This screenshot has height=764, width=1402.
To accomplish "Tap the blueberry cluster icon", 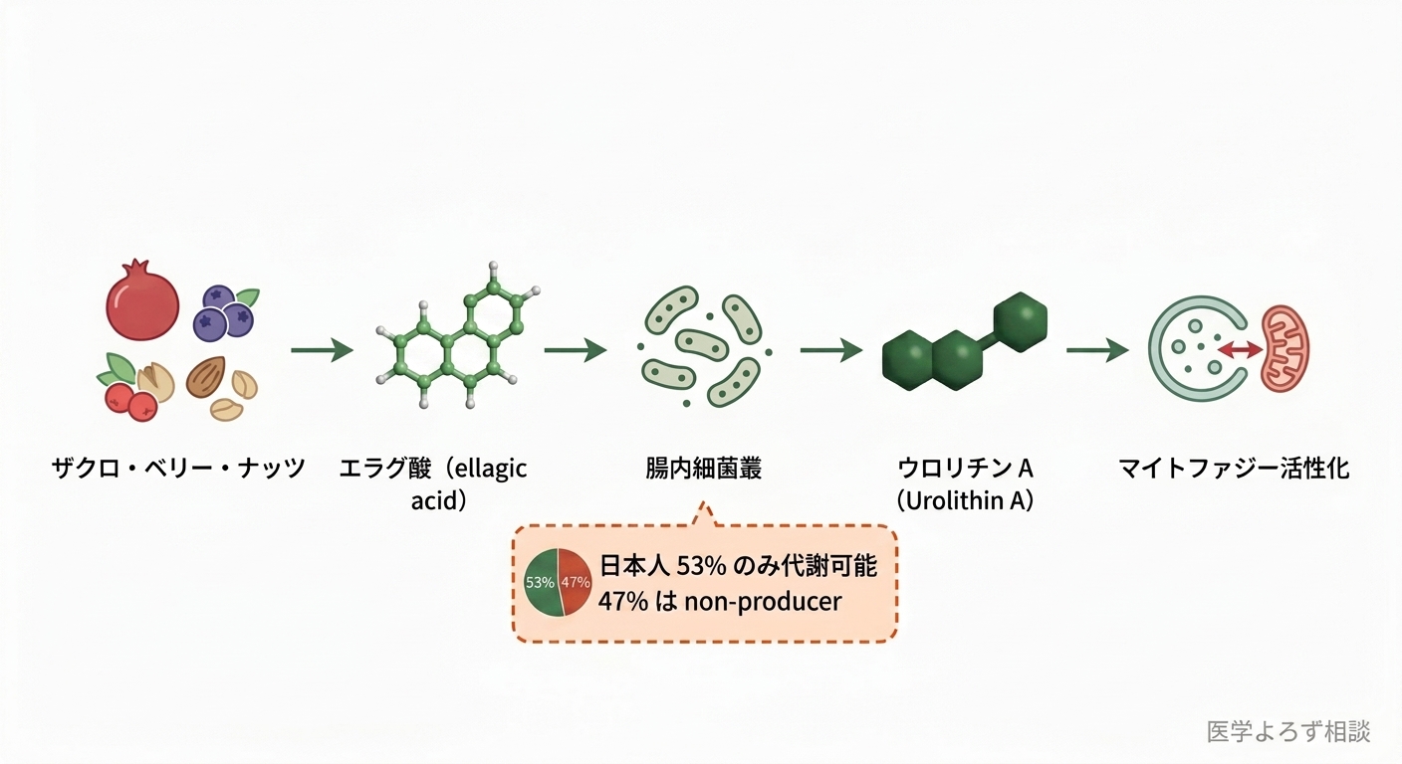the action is (x=223, y=313).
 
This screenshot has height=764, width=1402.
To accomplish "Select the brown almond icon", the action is (x=205, y=376).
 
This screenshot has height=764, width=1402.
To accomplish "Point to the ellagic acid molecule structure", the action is (x=457, y=335).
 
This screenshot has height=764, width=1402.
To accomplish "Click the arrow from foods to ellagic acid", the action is (x=322, y=350).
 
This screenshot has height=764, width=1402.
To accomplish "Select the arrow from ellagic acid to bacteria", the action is (x=576, y=350).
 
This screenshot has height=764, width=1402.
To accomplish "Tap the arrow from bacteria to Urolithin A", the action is (x=831, y=350).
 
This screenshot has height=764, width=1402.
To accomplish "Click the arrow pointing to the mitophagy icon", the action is (x=1098, y=350).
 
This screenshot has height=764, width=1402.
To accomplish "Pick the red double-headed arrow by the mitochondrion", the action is (x=1240, y=349).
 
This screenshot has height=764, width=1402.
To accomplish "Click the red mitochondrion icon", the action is (x=1285, y=349).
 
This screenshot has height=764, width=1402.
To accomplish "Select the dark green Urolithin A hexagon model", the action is (x=965, y=342).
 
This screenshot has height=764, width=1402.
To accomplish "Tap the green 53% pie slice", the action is (x=542, y=583).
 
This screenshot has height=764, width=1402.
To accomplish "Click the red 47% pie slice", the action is (x=575, y=582).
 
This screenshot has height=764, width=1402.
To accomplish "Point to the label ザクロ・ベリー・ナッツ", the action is (x=178, y=469).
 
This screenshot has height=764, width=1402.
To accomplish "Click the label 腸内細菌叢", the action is (x=704, y=469).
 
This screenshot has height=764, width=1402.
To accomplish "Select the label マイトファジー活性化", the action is (x=1234, y=469).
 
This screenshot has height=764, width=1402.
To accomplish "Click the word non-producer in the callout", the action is (x=763, y=602).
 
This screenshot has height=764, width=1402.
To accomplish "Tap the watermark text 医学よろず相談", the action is (x=1288, y=731).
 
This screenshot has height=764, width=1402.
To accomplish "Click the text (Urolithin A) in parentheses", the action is (x=965, y=501).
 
